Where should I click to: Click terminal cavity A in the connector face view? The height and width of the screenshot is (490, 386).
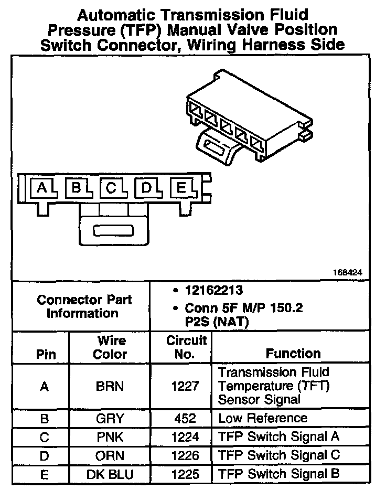tap(42, 188)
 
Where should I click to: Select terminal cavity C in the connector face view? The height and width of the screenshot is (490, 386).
tap(111, 188)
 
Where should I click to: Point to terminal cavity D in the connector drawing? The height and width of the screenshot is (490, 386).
tap(147, 188)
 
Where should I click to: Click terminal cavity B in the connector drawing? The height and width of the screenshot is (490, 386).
tap(77, 188)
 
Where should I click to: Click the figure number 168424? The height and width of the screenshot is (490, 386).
tap(347, 273)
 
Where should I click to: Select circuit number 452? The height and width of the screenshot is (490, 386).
tap(186, 419)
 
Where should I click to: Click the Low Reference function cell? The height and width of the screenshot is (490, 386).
tap(262, 419)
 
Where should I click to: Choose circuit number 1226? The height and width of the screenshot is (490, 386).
tap(186, 455)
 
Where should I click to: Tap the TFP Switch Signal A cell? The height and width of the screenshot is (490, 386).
tap(278, 437)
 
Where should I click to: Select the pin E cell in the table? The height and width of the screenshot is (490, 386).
tap(45, 475)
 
